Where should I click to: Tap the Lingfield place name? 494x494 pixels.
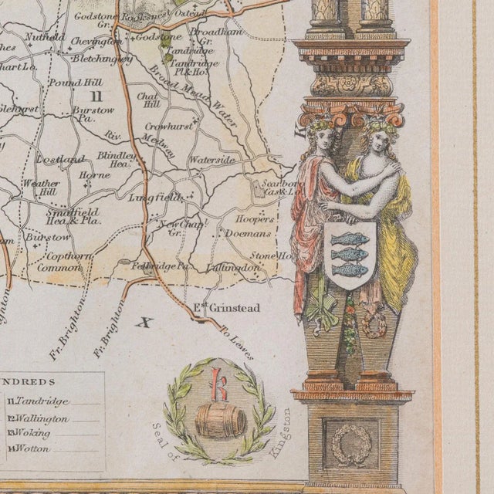pyautogui.click(x=159, y=198)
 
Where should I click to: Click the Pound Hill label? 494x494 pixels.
pyautogui.click(x=69, y=81)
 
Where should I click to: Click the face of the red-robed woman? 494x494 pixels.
pyautogui.click(x=325, y=139)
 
